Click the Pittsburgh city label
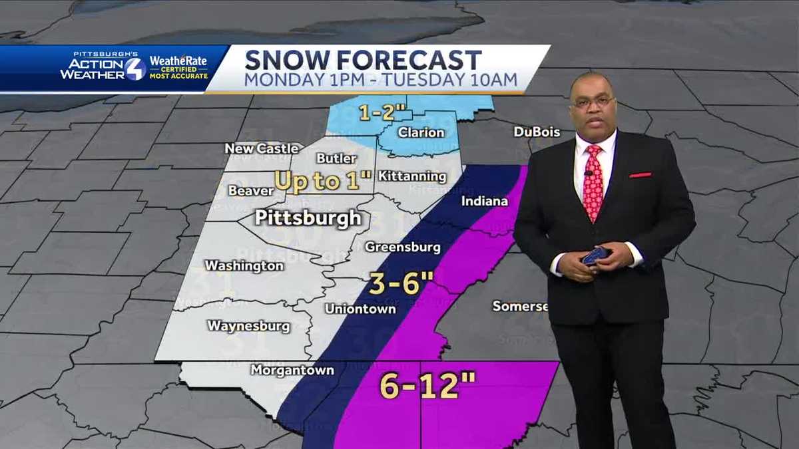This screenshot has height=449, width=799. click(x=308, y=218)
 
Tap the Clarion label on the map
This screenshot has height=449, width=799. click(x=421, y=132)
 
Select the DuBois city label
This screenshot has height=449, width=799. click(x=537, y=132)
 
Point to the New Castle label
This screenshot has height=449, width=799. click(x=261, y=148)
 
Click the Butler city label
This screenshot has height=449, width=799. click(x=336, y=158)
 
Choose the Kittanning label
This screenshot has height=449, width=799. click(x=412, y=176)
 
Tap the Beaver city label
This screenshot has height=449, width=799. click(x=251, y=191)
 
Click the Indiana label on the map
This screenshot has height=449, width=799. click(x=484, y=201)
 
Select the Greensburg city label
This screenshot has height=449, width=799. click(x=402, y=247)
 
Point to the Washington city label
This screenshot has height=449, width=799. click(x=244, y=265)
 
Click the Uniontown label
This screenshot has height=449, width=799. click(x=360, y=309)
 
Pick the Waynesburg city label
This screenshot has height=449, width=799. click(x=248, y=326)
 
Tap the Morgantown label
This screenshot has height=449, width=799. click(x=292, y=371)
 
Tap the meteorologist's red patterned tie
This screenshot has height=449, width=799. click(x=593, y=183)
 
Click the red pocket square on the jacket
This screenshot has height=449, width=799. click(x=640, y=175)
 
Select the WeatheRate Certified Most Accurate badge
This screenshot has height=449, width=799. click(x=178, y=67)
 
